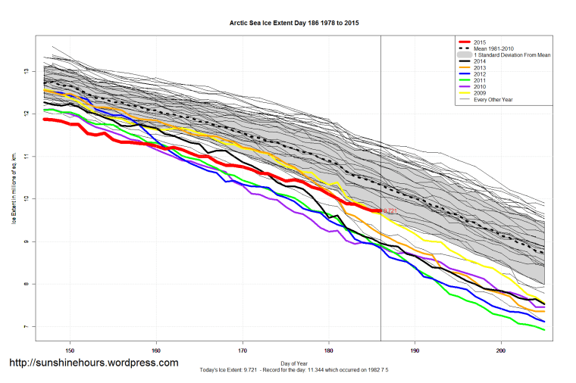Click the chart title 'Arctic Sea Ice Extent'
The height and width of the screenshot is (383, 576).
click(294, 23)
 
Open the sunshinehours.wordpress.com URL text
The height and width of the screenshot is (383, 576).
click(93, 363)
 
